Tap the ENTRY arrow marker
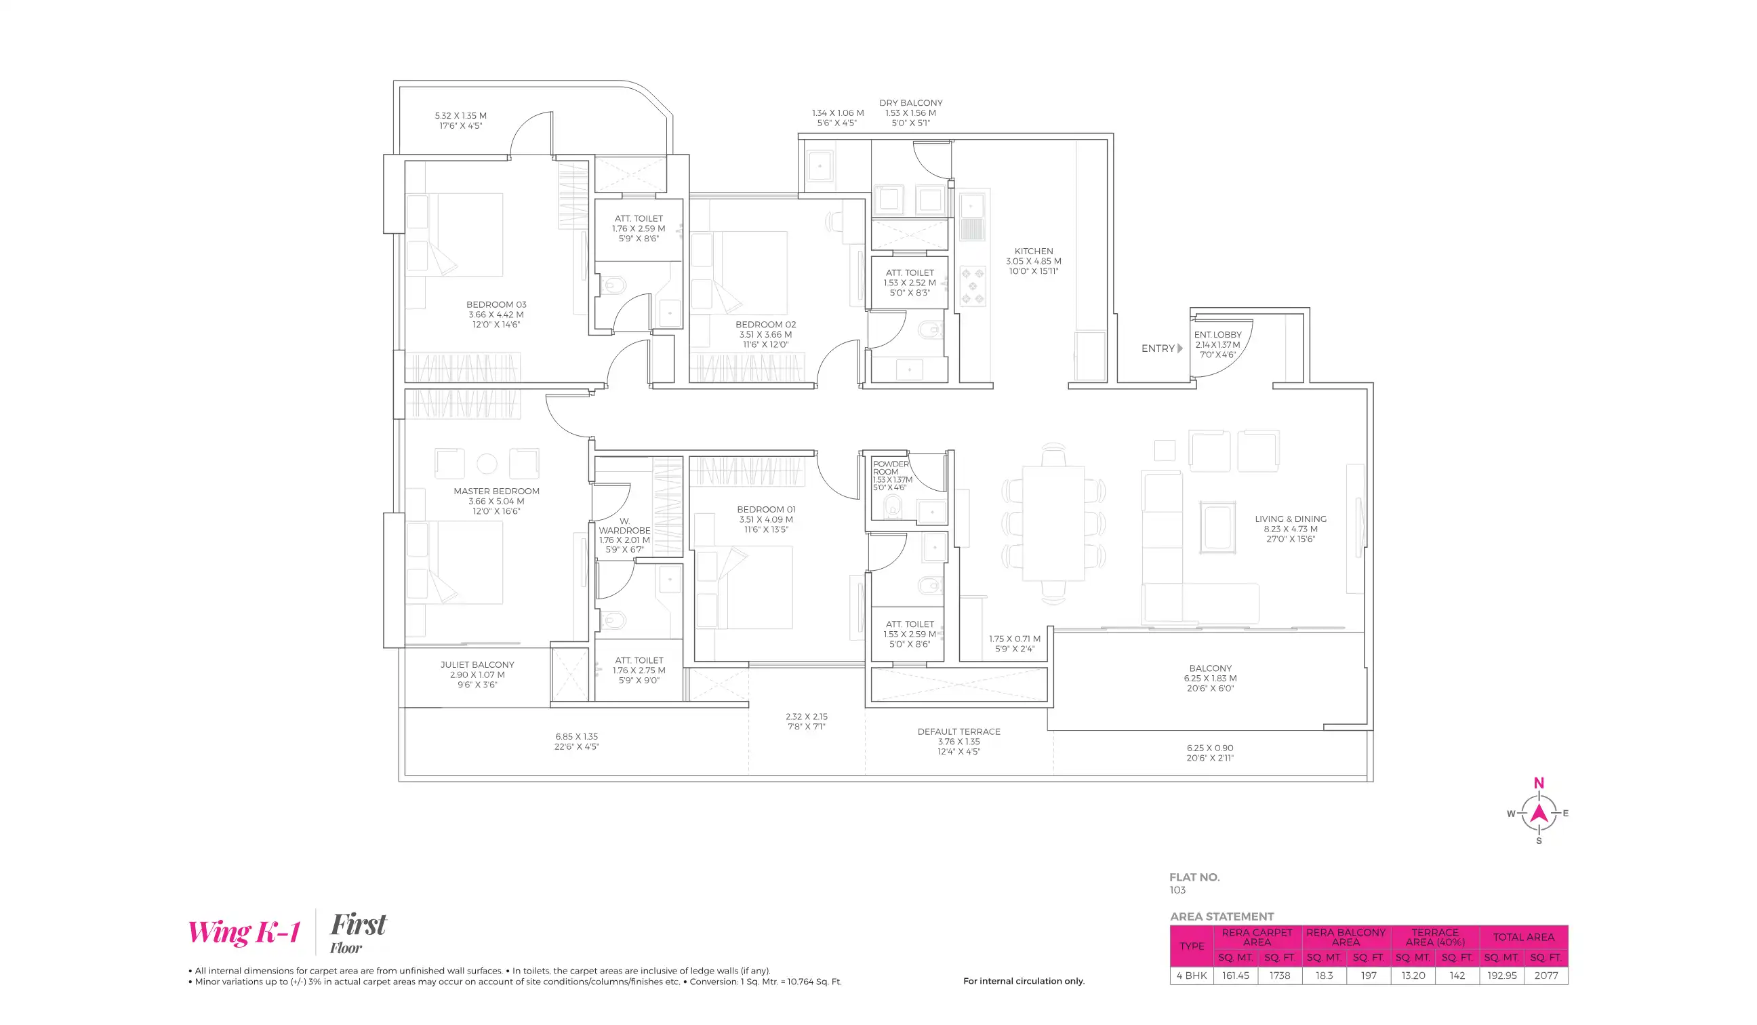(1179, 348)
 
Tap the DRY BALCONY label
(910, 102)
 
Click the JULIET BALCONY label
(477, 664)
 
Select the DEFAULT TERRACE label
(958, 731)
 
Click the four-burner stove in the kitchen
(972, 286)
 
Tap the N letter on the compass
(1538, 783)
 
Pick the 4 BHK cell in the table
(1191, 976)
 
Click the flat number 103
(1177, 890)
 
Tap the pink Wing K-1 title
(244, 932)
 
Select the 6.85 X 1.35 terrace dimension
(576, 736)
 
